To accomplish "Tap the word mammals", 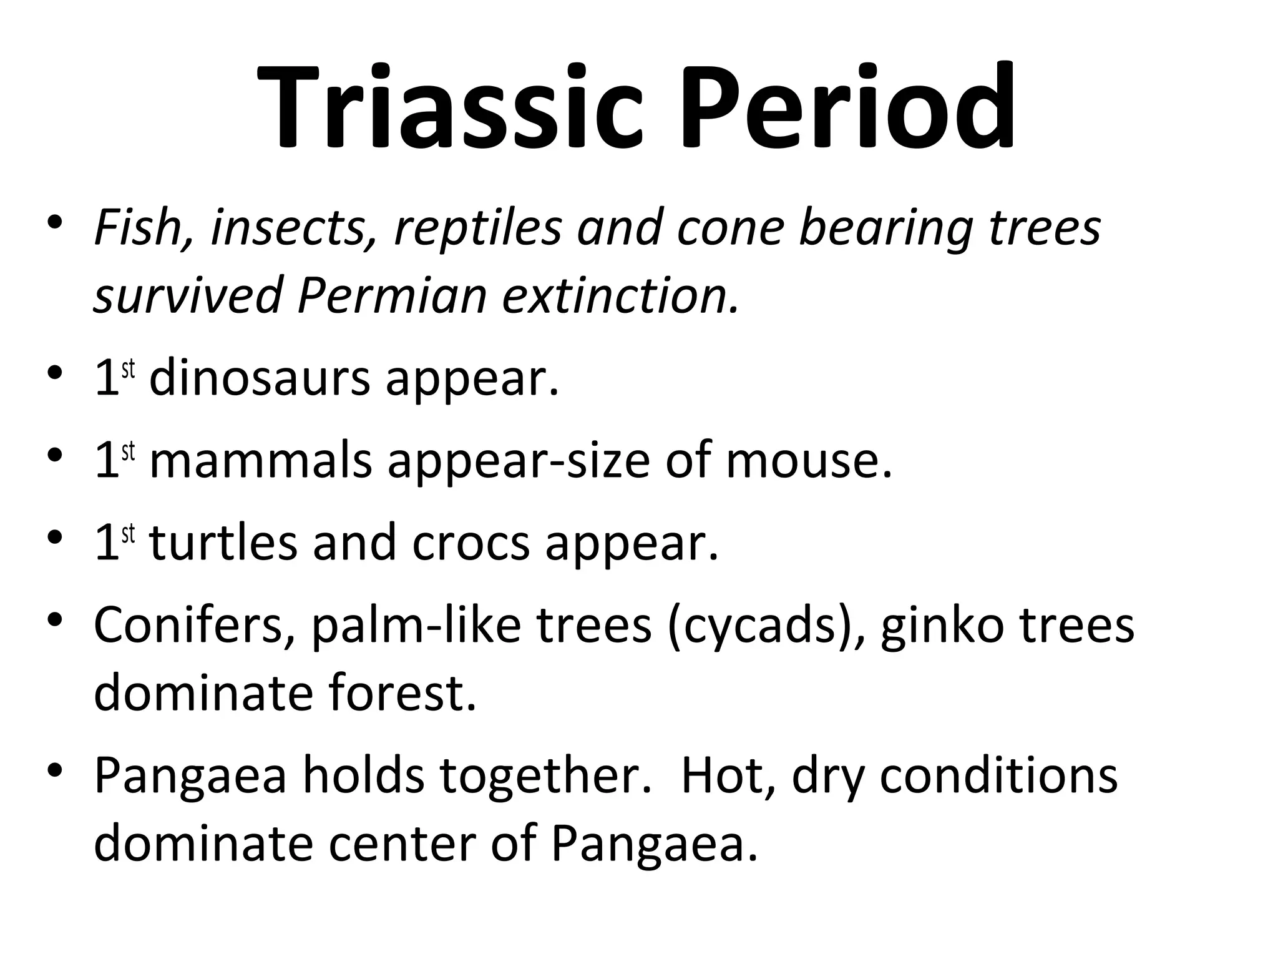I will [261, 461].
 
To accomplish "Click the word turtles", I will [223, 543].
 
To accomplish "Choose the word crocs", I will [471, 543].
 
